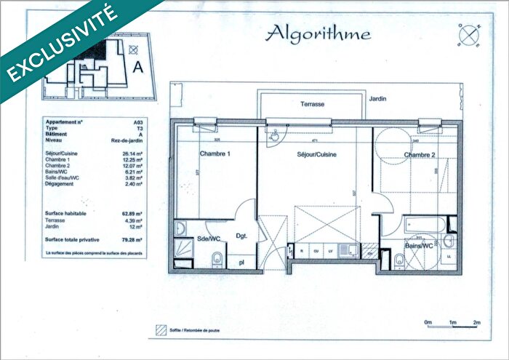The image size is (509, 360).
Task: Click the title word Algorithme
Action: pyautogui.click(x=318, y=33)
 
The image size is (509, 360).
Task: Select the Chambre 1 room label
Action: pyautogui.click(x=215, y=154)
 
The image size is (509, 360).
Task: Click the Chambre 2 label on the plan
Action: pyautogui.click(x=420, y=155)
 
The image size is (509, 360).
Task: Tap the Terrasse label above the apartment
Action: pyautogui.click(x=313, y=105)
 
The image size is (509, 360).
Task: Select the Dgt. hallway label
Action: pyautogui.click(x=242, y=236)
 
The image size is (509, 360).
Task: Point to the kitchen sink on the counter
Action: pyautogui.click(x=349, y=251)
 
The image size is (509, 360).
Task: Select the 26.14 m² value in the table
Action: pyautogui.click(x=132, y=154)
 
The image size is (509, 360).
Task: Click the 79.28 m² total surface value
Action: pyautogui.click(x=132, y=239)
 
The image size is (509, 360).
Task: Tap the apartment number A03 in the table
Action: pyautogui.click(x=137, y=122)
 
